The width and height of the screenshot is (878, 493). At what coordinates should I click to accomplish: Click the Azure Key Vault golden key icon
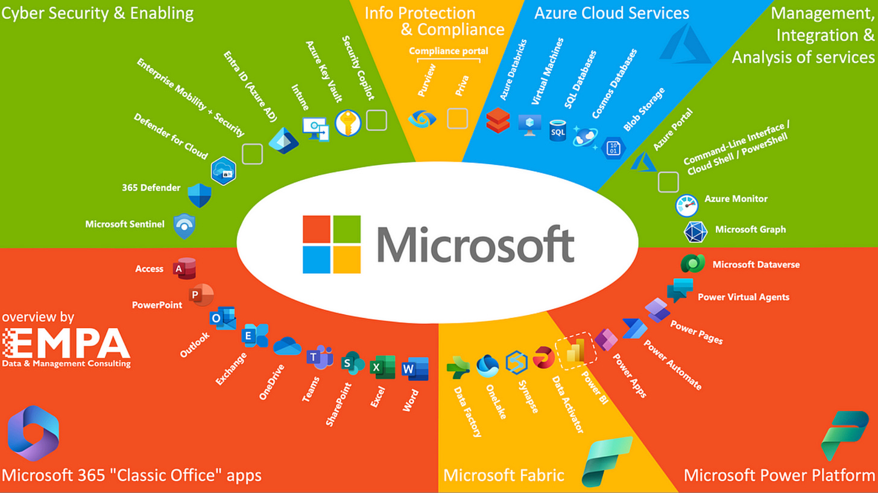(x=348, y=123)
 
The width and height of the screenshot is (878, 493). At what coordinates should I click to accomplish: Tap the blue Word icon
(x=415, y=369)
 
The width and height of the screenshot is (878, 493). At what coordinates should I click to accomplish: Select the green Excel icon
(x=382, y=367)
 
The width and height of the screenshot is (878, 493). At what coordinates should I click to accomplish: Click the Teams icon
(x=320, y=357)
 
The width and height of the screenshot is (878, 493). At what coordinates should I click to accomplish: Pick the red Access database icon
(x=185, y=269)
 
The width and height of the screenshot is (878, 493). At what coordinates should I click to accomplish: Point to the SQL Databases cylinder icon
(x=557, y=131)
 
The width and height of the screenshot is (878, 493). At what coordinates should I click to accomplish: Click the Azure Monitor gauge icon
(x=686, y=205)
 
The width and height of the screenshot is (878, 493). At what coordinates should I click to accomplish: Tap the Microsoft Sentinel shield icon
(x=185, y=226)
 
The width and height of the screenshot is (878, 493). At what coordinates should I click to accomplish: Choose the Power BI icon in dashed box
(x=576, y=351)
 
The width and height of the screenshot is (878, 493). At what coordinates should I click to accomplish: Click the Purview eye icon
(x=422, y=119)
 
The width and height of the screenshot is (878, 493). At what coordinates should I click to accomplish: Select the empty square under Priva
(x=458, y=118)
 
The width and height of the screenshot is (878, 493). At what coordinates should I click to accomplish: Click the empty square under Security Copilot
(x=376, y=120)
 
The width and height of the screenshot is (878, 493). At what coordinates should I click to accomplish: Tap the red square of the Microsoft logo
(x=317, y=229)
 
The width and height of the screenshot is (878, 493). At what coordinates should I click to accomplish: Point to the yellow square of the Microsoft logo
(x=347, y=259)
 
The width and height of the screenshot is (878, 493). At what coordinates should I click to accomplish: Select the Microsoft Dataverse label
(x=756, y=265)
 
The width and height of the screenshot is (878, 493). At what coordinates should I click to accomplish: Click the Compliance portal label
(x=449, y=51)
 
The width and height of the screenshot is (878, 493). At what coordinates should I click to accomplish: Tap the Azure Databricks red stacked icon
(x=498, y=120)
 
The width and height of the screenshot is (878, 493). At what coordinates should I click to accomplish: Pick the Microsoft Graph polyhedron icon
(x=695, y=231)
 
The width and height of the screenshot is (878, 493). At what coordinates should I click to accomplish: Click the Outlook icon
(x=223, y=317)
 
